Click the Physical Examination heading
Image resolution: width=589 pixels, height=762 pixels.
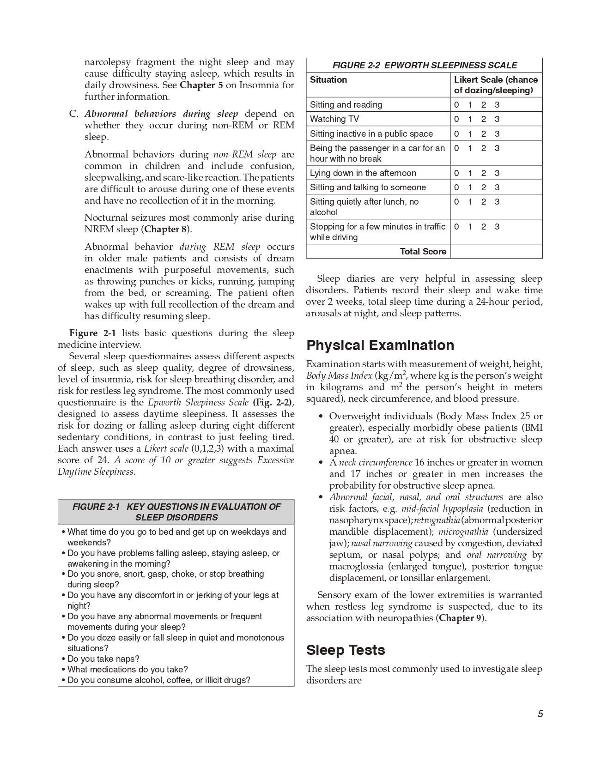380,345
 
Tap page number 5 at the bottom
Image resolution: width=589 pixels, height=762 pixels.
540,714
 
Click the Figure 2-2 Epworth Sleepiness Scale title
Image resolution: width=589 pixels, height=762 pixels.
425,65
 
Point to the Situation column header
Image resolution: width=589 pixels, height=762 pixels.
328,80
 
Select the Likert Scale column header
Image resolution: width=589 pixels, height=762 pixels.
496,85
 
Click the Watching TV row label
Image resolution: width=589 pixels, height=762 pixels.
334,119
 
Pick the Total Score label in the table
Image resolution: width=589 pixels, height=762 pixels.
423,252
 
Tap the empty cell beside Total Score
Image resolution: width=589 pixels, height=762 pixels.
496,252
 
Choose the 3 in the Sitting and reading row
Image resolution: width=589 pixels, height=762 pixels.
497,105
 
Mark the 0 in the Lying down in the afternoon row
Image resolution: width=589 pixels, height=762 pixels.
456,173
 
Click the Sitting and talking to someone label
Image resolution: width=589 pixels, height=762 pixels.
368,187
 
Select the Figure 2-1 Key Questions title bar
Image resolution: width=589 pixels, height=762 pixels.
176,512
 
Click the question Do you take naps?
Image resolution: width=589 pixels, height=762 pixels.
103,659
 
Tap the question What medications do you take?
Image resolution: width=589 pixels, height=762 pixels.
128,670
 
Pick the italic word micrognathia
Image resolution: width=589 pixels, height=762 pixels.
463,532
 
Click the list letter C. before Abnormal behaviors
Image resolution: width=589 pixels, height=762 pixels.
74,114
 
